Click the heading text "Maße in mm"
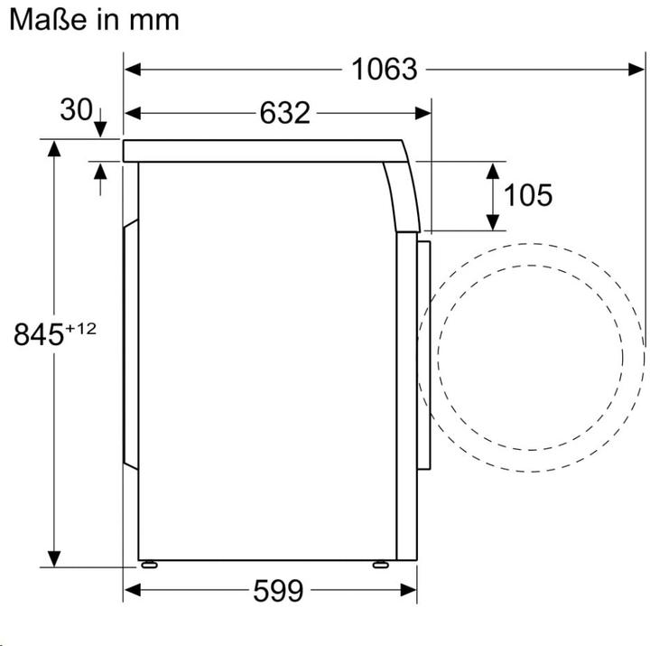(x=94, y=19)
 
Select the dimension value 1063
(x=385, y=69)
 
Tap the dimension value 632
(x=284, y=113)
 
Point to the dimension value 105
(x=527, y=194)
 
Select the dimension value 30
(x=76, y=109)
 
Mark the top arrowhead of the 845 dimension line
(x=55, y=148)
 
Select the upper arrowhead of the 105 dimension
(x=493, y=170)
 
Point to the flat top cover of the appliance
(x=262, y=151)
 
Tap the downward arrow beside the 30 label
(x=98, y=125)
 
